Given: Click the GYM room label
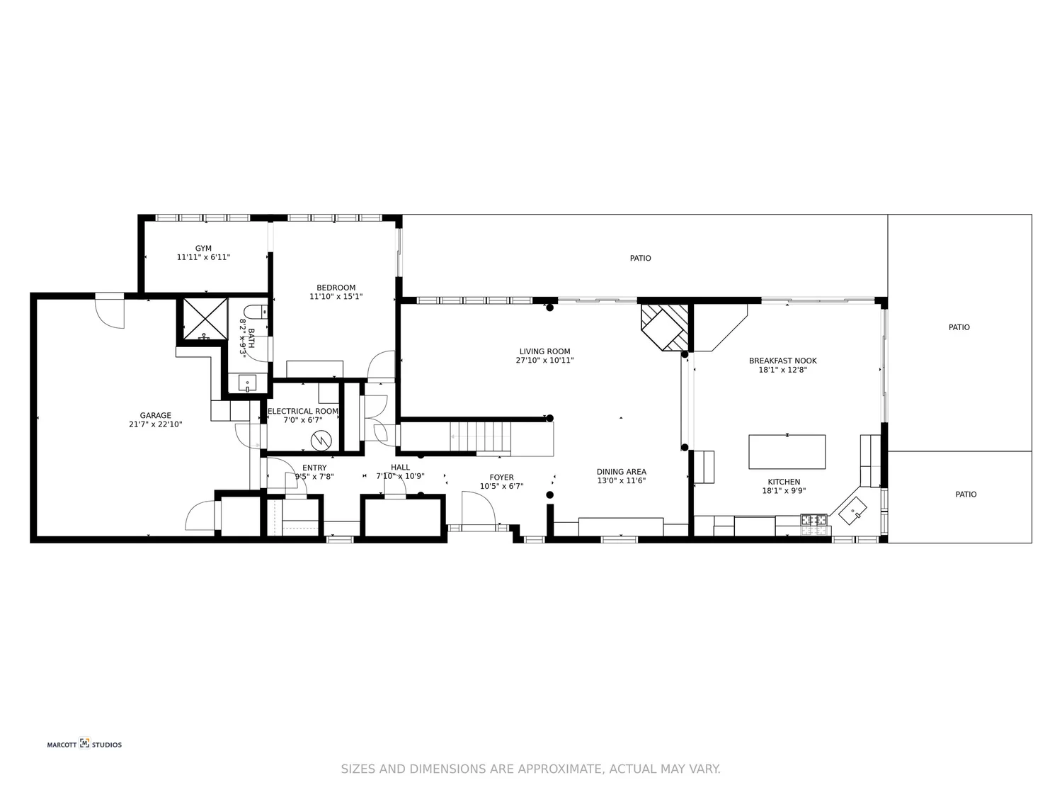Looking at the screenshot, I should pyautogui.click(x=203, y=249).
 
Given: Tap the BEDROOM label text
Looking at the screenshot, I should pyautogui.click(x=336, y=288).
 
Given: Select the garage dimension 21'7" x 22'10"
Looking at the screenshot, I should pyautogui.click(x=155, y=425).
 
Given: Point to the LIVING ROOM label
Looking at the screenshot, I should pyautogui.click(x=544, y=351).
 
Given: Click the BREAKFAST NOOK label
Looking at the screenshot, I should pyautogui.click(x=782, y=361).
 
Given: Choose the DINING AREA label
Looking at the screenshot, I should pyautogui.click(x=621, y=472).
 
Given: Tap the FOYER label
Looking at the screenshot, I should pyautogui.click(x=501, y=477).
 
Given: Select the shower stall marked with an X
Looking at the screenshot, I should pyautogui.click(x=205, y=320).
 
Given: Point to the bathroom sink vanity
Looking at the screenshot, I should pyautogui.click(x=248, y=383).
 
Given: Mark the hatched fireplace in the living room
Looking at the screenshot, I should pyautogui.click(x=664, y=326).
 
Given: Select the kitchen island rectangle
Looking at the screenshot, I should pyautogui.click(x=787, y=452).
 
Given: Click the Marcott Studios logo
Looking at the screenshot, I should pyautogui.click(x=84, y=744).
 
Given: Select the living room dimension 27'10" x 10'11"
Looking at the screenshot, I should pyautogui.click(x=544, y=361).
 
